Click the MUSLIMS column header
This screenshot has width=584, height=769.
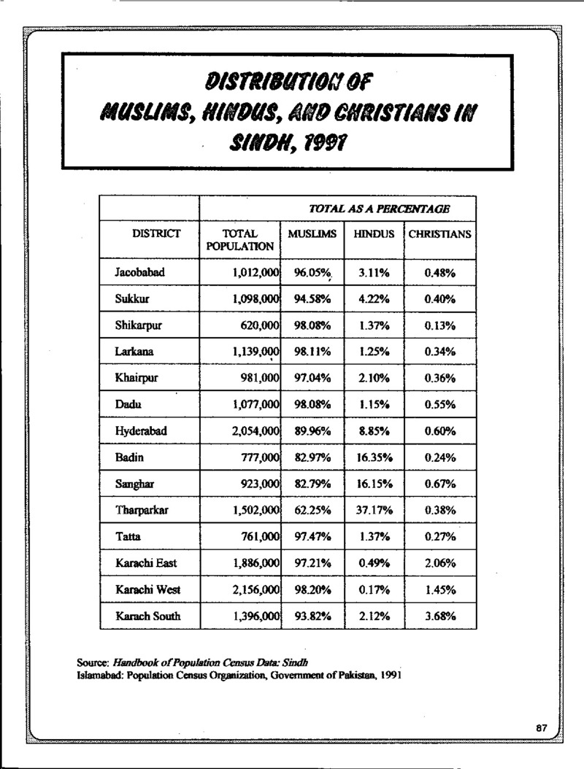point(312,235)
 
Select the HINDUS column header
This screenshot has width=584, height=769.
point(374,235)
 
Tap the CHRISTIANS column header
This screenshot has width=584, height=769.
point(439,235)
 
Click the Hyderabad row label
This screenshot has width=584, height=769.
point(141,431)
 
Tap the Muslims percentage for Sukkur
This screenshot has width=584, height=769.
point(312,299)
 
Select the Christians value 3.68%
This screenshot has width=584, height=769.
point(439,617)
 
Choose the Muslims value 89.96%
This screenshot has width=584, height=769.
point(312,431)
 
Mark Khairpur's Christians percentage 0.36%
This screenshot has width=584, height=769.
point(439,379)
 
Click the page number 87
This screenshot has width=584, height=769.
point(542,728)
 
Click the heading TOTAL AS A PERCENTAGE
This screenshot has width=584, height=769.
point(379,209)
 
